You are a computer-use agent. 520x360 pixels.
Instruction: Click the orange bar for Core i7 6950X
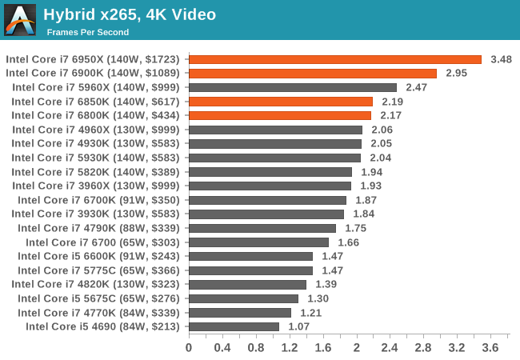(x=334, y=59)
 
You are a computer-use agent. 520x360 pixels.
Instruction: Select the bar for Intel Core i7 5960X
(x=292, y=87)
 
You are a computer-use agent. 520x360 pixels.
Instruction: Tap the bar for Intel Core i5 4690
(x=234, y=326)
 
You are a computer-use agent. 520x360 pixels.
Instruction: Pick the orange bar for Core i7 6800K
(x=279, y=115)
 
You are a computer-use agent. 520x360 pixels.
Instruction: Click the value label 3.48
(x=502, y=59)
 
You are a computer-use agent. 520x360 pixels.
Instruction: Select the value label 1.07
(x=299, y=326)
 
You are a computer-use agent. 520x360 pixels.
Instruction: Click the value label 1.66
(x=349, y=242)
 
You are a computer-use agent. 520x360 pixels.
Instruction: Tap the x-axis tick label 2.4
(x=390, y=347)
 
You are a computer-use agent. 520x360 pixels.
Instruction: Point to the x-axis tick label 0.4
(x=222, y=347)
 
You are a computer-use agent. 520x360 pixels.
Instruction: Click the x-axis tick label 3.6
(x=490, y=347)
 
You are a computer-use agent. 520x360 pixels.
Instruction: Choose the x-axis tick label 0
(x=189, y=347)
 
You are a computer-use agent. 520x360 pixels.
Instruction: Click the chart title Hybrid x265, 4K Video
(x=130, y=14)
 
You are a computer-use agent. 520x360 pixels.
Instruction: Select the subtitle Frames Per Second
(x=87, y=32)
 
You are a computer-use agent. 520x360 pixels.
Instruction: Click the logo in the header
(x=20, y=20)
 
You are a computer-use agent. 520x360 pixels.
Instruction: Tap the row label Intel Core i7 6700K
(x=100, y=200)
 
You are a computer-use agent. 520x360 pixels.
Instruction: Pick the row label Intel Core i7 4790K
(x=100, y=228)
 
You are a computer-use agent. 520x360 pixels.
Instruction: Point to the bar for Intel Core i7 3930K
(x=266, y=214)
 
